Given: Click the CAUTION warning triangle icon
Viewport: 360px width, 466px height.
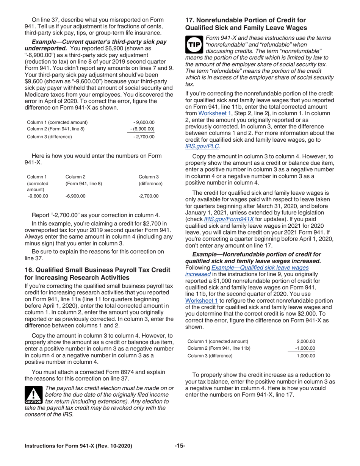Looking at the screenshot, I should point(33,395).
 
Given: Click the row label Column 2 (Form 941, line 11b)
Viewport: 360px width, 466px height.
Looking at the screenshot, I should point(219,348).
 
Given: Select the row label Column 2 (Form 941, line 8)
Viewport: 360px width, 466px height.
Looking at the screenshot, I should point(56,129).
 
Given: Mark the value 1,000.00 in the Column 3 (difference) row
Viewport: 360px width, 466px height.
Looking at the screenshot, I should point(306,356).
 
